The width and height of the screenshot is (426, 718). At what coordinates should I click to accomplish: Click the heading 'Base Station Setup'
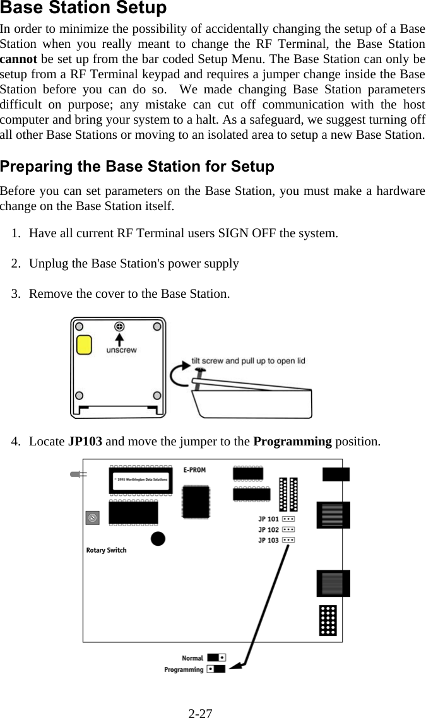83,9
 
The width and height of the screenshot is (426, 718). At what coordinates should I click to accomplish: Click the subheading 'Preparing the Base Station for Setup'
137,167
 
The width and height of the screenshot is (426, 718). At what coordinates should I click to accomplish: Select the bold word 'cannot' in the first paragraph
18,59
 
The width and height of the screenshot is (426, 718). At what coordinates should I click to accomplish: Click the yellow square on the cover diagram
84,345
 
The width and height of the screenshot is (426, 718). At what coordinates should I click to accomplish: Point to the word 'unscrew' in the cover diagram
121,350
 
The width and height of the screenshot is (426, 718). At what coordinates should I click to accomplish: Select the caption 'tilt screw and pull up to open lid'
248,361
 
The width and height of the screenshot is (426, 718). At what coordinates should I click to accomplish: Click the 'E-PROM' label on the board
194,470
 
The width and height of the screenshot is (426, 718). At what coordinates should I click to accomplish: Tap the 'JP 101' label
268,519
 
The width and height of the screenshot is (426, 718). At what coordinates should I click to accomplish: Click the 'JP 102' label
268,529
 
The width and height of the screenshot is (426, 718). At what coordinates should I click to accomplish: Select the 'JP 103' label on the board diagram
268,540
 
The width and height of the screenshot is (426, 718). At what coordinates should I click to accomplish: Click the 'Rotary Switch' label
106,550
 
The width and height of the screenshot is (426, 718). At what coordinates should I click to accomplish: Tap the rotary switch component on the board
92,517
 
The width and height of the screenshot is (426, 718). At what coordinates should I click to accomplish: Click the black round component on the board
158,538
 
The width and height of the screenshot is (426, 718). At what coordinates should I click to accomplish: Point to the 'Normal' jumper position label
192,657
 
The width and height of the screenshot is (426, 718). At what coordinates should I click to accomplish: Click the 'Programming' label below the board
184,669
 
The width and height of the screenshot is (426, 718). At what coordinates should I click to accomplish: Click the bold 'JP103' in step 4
85,441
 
